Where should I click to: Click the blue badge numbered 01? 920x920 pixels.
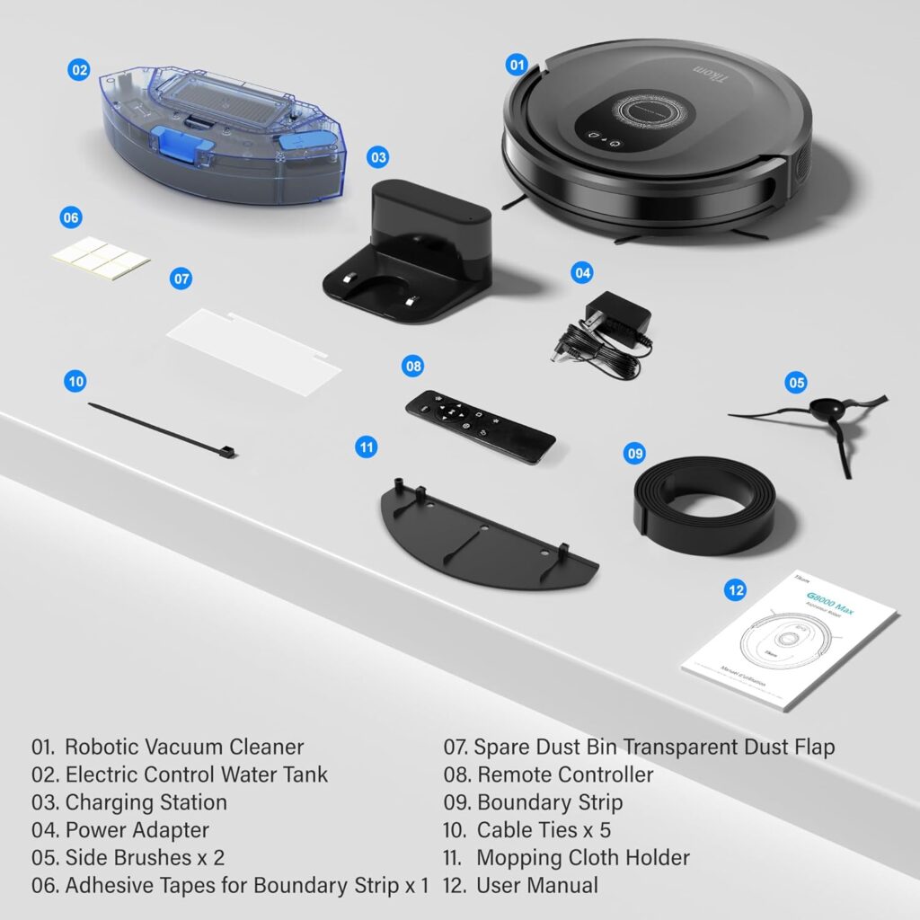tap(516, 65)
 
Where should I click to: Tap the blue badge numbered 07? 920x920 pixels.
tap(181, 279)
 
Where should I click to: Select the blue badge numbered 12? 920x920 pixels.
tap(736, 590)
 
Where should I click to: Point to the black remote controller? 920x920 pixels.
tap(480, 426)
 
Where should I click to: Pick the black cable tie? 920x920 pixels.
tap(162, 430)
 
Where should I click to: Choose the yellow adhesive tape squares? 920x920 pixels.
tap(100, 259)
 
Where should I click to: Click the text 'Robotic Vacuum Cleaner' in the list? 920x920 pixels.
tap(184, 747)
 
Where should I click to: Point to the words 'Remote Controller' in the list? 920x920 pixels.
tap(565, 774)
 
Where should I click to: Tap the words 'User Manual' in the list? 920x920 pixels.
tap(537, 885)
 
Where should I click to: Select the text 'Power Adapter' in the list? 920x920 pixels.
tap(137, 829)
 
